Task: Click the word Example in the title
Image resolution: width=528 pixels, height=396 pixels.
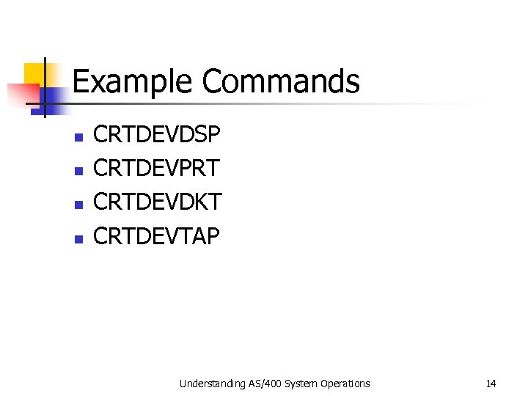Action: tap(134, 81)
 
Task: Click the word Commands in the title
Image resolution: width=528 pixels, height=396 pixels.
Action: tap(281, 81)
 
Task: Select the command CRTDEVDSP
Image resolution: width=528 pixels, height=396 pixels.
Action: tap(157, 135)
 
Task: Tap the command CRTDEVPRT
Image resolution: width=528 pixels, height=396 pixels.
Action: tap(157, 169)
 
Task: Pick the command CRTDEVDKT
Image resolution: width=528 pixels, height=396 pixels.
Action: tap(158, 202)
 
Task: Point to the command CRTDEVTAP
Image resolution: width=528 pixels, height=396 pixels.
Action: tap(157, 236)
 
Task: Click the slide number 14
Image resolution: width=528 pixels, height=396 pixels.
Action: tap(491, 384)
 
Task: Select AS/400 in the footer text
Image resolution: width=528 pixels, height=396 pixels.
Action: tap(261, 384)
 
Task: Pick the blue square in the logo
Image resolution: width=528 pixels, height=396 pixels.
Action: tap(56, 99)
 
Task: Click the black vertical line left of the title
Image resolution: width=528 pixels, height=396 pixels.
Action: tap(45, 87)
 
